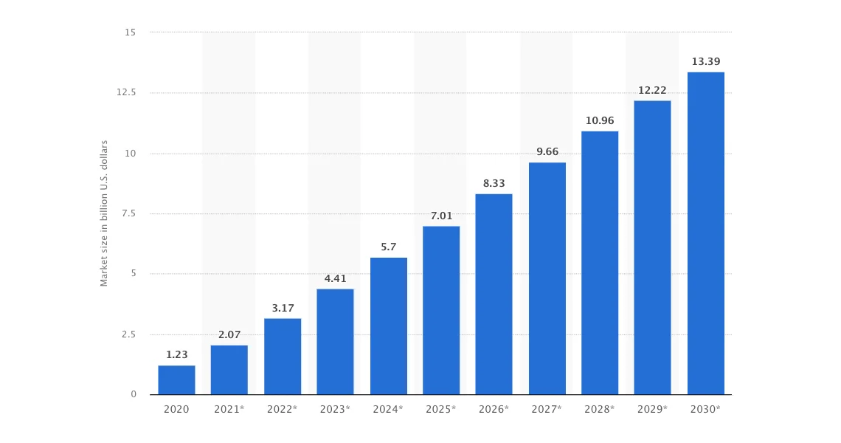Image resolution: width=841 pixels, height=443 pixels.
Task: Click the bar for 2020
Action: point(176,380)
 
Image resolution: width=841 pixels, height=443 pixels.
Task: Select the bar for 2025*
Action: point(441,310)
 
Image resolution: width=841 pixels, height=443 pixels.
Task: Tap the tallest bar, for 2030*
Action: point(706,233)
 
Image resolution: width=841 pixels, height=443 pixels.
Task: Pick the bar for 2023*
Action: point(335,341)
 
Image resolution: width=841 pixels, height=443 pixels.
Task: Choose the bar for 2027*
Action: point(547,278)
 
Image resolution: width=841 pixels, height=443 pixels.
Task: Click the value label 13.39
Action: point(706,61)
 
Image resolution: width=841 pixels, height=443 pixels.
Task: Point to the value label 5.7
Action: point(389,247)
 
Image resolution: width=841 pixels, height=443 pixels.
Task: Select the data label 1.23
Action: point(177,354)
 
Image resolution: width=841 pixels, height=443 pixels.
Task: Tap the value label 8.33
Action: point(494,183)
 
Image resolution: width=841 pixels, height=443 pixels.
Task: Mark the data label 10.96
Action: point(600,120)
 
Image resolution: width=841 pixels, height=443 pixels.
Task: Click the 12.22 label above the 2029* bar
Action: point(653,90)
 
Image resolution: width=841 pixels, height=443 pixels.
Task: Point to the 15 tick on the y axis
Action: point(131,32)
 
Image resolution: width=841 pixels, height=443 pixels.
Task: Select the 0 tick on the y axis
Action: point(134,394)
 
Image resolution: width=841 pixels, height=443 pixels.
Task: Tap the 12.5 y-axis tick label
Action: point(126,92)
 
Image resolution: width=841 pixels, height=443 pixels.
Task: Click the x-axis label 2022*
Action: point(283,409)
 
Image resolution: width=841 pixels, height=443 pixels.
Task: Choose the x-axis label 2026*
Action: point(494,409)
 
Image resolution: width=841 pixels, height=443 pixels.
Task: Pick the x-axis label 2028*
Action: point(600,409)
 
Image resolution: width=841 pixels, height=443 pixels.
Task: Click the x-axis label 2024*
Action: point(389,409)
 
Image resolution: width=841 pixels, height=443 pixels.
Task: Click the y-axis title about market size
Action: point(104,213)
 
